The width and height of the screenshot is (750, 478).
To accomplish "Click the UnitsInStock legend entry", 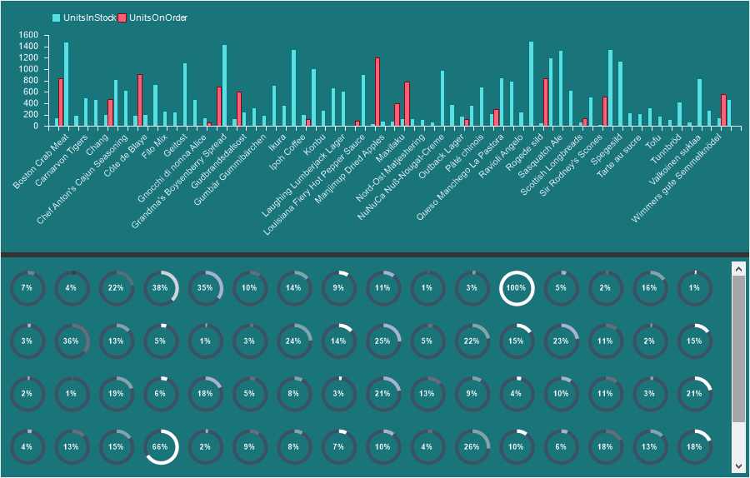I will (84, 17).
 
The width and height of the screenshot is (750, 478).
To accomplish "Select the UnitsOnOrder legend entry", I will (152, 17).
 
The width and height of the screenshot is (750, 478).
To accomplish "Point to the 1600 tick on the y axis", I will (27, 35).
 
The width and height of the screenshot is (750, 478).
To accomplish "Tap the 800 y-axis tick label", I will (30, 81).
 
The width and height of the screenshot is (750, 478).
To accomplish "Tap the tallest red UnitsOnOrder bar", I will (377, 92).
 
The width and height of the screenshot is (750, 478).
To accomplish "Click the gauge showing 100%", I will (517, 288).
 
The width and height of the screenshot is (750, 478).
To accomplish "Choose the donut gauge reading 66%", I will (161, 446).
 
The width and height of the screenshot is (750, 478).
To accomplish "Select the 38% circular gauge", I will (161, 288).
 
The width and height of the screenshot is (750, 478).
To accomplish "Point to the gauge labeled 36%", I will (72, 341).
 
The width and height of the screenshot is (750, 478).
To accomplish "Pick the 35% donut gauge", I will (205, 288).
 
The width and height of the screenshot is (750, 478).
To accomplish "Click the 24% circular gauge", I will (294, 341).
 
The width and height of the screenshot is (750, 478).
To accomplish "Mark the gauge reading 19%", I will (116, 394).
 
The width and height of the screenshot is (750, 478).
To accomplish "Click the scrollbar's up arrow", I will (738, 268).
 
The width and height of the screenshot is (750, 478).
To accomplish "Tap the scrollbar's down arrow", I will (738, 466).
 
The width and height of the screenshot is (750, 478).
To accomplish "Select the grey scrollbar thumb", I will (738, 350).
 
